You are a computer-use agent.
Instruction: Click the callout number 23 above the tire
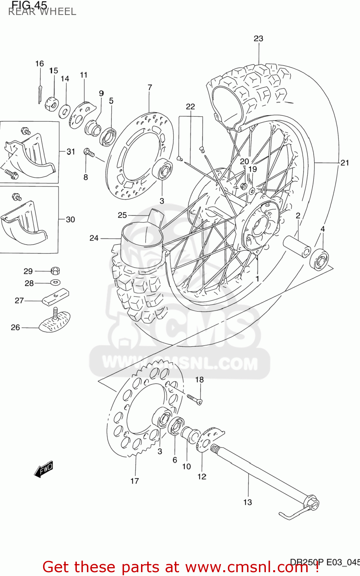259,38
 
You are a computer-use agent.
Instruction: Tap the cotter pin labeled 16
40,93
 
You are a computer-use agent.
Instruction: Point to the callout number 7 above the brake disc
150,88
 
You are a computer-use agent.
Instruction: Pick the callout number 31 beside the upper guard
71,152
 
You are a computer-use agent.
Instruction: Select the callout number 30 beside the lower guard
70,220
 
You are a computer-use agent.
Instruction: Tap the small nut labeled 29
55,271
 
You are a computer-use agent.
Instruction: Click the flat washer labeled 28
55,283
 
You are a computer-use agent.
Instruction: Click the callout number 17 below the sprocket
134,481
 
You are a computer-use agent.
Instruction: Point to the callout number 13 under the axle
247,502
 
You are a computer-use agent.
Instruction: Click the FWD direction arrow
43,469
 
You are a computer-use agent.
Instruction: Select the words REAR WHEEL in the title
42,12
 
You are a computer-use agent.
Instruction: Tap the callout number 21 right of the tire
345,163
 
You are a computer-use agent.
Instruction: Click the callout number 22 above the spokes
191,107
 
